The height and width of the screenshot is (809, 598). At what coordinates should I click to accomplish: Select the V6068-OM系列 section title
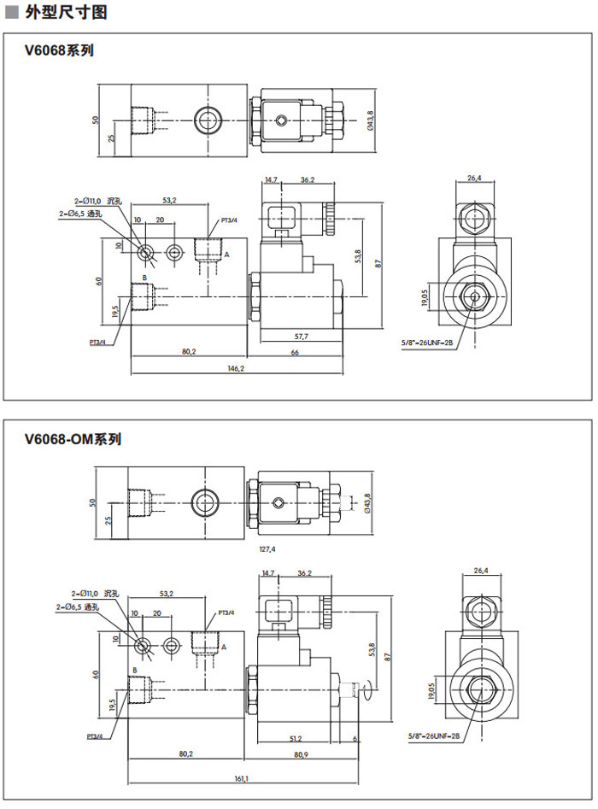click(x=73, y=440)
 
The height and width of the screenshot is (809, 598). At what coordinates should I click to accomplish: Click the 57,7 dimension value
click(x=300, y=337)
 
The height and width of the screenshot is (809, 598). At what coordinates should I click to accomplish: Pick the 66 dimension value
click(x=295, y=352)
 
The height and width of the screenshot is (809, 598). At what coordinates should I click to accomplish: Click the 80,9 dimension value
click(x=300, y=754)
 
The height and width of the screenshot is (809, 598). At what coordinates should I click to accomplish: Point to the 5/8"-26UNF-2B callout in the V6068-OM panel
click(x=434, y=736)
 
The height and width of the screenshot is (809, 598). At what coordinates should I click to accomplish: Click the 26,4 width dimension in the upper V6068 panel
click(x=475, y=178)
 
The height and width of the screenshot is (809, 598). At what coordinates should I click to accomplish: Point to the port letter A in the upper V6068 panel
click(x=227, y=254)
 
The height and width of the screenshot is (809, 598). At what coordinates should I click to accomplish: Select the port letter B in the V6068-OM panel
click(x=135, y=669)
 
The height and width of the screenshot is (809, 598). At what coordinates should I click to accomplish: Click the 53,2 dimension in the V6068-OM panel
click(x=167, y=593)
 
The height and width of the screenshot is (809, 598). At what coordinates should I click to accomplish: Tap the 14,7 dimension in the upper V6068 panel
click(x=272, y=180)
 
